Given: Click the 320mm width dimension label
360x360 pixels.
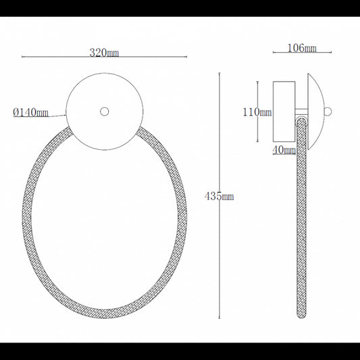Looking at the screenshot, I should pos(105,50).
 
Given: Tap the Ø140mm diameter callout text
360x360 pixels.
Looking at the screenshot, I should pos(30,112).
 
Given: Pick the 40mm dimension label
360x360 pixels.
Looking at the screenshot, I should pos(284,150).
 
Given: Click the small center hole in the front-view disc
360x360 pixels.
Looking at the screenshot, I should pos(104,111).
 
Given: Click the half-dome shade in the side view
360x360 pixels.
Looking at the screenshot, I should pos(313,111).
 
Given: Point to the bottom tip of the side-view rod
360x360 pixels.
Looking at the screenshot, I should pos(300,316).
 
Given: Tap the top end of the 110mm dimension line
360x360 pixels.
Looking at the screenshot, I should pos(258,80).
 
